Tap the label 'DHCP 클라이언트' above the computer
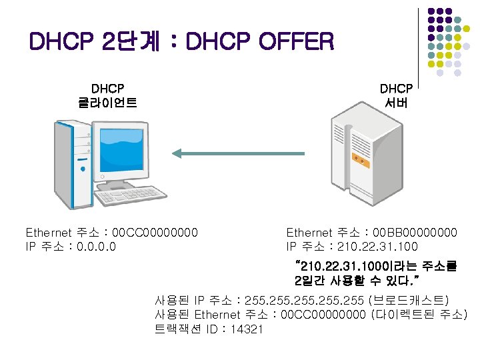point(107,95)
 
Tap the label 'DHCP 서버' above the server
point(396,95)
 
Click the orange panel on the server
point(361,161)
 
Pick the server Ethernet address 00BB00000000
point(415,233)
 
